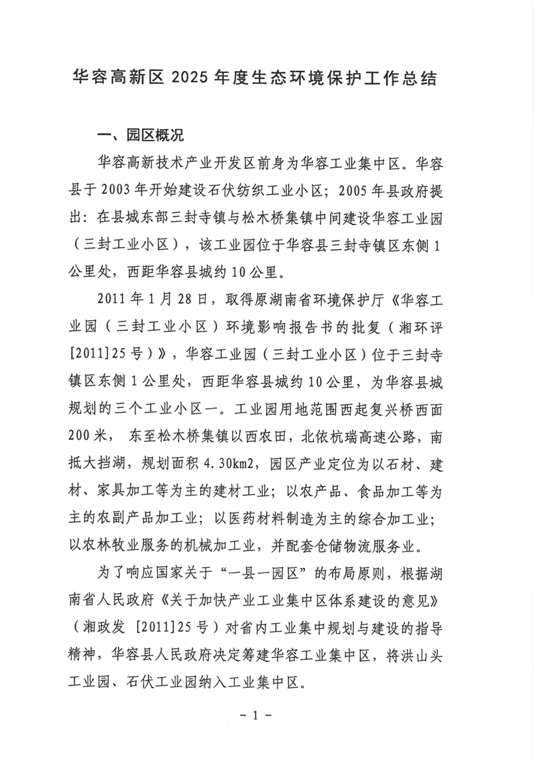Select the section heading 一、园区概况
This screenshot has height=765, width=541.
[136, 134]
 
